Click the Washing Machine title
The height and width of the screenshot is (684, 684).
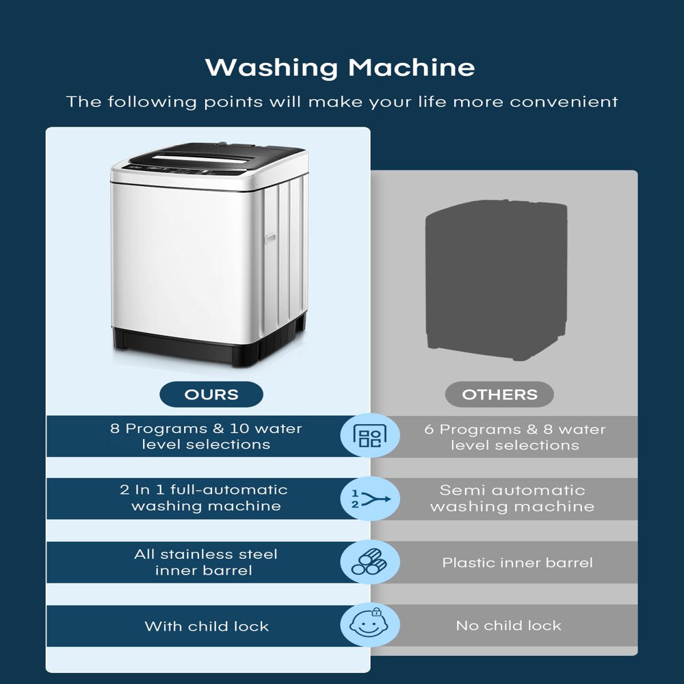coord(340,68)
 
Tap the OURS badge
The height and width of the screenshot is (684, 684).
coord(211,395)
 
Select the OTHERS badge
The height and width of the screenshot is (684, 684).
coord(499,395)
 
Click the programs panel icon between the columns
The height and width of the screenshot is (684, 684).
coord(369,435)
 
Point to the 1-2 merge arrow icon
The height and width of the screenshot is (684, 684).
coord(370,499)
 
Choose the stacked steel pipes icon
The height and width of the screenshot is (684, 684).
coord(369,562)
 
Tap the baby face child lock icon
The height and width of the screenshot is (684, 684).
coord(369,624)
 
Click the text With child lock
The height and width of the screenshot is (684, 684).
coord(207,626)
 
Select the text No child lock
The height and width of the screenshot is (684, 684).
coord(509,626)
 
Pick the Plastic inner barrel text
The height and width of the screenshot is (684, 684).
coord(517,562)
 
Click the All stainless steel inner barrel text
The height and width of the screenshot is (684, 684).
coord(205,562)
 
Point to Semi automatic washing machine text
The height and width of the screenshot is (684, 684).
coord(512,498)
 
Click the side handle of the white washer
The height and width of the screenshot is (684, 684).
coord(270,238)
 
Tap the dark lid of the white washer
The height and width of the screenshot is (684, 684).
coord(213,158)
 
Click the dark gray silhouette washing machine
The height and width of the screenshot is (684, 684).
coord(497,280)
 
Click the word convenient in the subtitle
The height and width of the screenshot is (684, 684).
coord(564,102)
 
